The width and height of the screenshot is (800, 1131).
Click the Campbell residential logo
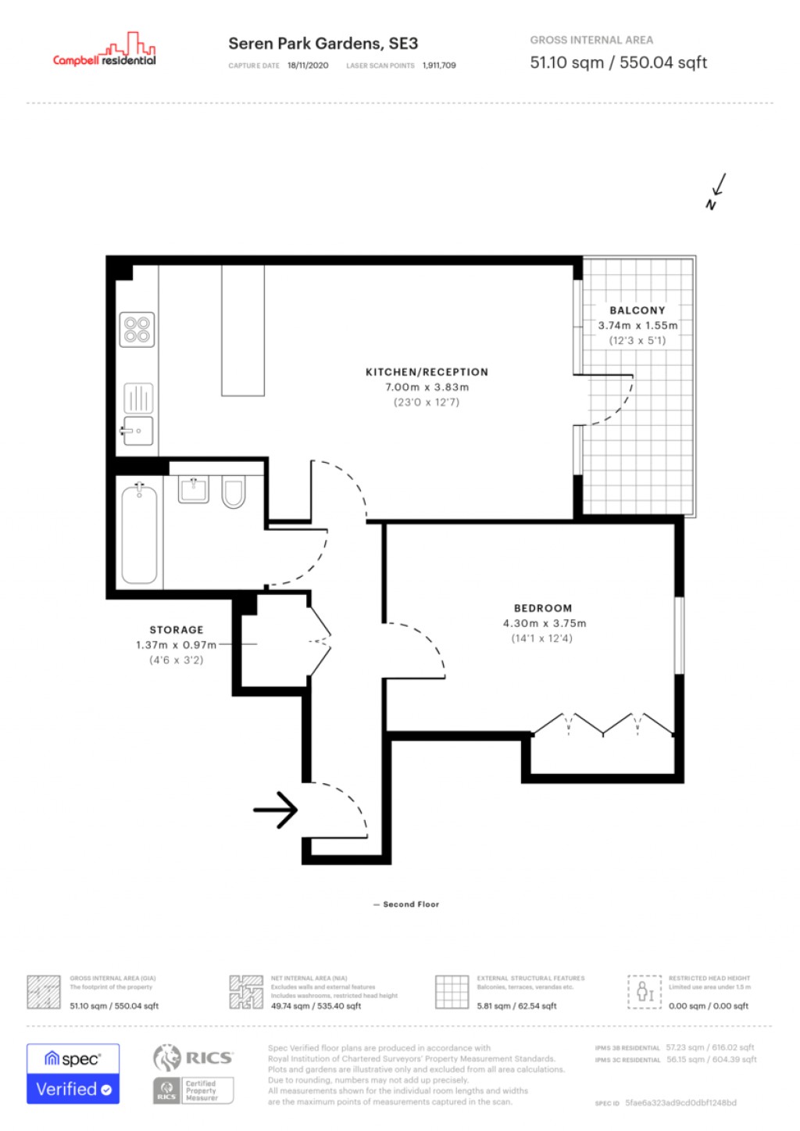tap(105, 52)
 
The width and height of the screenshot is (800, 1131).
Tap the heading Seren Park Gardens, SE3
tap(323, 44)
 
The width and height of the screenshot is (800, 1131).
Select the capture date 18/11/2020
tap(308, 66)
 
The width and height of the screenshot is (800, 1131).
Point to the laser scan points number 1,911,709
tap(439, 66)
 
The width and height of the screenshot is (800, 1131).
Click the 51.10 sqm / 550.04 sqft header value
tap(618, 63)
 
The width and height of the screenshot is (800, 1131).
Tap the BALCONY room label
tap(637, 310)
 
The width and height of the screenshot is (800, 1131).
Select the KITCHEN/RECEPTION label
tap(427, 372)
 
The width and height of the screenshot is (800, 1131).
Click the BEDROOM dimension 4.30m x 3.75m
tap(544, 623)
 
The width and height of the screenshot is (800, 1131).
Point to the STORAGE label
tap(177, 629)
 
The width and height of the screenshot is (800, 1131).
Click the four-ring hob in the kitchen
tap(137, 330)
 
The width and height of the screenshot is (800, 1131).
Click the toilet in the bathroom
tap(233, 492)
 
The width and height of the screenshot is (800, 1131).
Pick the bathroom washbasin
tap(193, 489)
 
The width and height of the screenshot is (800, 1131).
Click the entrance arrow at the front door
tap(276, 810)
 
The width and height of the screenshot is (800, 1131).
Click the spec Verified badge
tap(73, 1074)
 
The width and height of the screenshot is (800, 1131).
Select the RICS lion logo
tap(166, 1058)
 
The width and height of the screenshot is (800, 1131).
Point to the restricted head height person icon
tap(645, 992)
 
